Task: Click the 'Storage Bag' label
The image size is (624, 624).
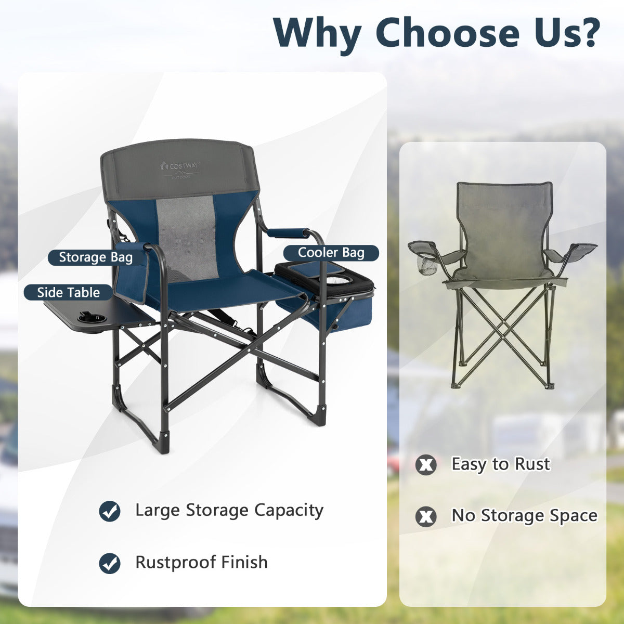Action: coord(95,257)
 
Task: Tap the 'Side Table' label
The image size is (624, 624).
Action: coord(68,292)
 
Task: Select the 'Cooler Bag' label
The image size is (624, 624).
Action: coord(331,253)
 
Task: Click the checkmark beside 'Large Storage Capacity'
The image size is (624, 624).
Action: coord(110,511)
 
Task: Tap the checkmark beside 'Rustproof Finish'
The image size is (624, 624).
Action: coord(110,563)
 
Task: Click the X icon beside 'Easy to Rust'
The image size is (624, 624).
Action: coord(426,464)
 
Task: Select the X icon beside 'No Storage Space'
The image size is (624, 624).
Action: coord(426,516)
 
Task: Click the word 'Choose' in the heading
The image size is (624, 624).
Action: coord(447,32)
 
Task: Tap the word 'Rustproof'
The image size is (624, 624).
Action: coord(176,562)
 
